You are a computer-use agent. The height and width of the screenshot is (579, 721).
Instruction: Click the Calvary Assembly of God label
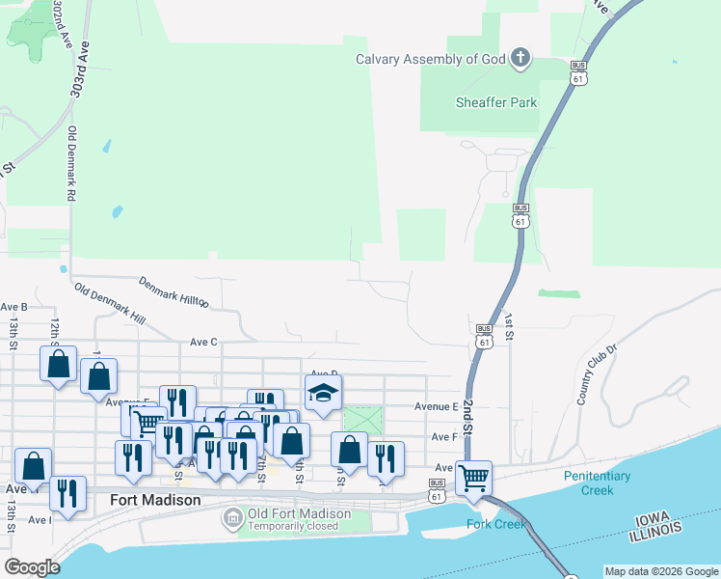pyautogui.click(x=431, y=59)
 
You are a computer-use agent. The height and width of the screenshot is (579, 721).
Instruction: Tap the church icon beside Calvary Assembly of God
pyautogui.click(x=521, y=59)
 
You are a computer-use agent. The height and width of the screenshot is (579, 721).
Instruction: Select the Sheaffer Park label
pyautogui.click(x=496, y=101)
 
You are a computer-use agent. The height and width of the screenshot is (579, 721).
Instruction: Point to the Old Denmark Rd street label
pyautogui.click(x=71, y=163)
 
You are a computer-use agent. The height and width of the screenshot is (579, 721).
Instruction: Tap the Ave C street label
pyautogui.click(x=204, y=342)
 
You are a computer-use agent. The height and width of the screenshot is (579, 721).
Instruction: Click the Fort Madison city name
pyautogui.click(x=155, y=500)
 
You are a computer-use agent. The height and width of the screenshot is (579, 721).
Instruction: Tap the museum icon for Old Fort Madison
pyautogui.click(x=232, y=519)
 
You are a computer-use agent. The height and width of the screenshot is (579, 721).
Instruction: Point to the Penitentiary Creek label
pyautogui.click(x=598, y=482)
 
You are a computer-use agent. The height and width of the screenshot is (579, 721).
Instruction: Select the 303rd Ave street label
pyautogui.click(x=80, y=68)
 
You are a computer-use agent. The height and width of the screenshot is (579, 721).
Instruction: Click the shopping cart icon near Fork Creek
pyautogui.click(x=473, y=477)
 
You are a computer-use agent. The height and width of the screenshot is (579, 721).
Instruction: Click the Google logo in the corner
pyautogui.click(x=33, y=567)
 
